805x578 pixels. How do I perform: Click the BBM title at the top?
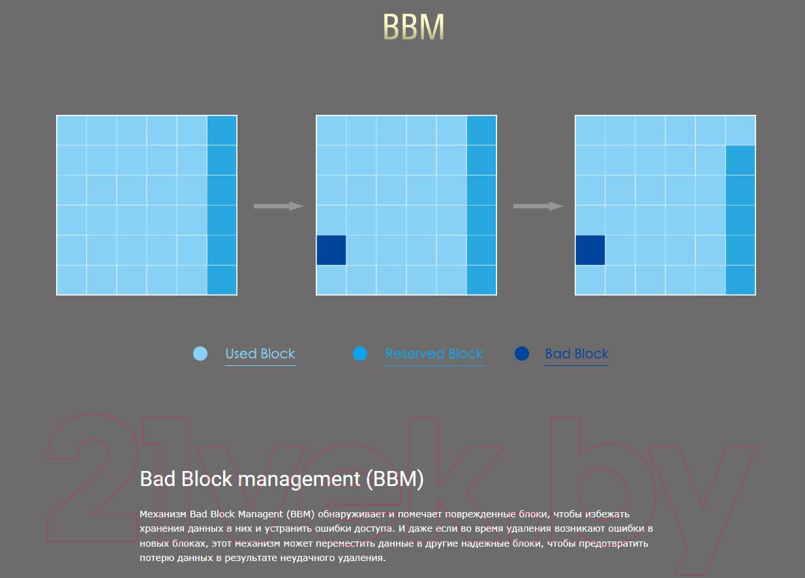click(414, 26)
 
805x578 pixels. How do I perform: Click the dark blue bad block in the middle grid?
click(331, 250)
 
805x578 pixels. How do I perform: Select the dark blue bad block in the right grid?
click(590, 250)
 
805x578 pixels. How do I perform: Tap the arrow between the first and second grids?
click(279, 206)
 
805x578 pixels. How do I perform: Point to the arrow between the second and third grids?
click(538, 206)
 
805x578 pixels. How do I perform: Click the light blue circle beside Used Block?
click(200, 354)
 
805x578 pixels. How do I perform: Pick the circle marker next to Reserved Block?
click(360, 354)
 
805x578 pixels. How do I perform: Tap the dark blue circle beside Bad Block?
click(522, 354)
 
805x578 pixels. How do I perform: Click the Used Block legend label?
click(260, 354)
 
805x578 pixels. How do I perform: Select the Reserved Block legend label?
click(434, 354)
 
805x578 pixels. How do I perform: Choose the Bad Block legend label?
click(577, 354)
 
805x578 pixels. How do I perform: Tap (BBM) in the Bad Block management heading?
click(395, 479)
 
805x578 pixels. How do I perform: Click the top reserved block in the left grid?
click(222, 130)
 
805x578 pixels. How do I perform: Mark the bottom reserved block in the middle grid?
click(481, 280)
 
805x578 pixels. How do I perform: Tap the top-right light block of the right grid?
click(740, 130)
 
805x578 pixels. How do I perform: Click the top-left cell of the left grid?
click(72, 130)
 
